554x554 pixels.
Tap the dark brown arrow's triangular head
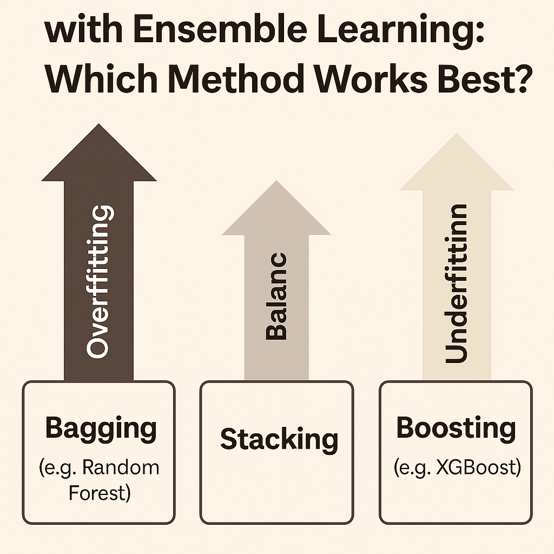pyautogui.click(x=99, y=157)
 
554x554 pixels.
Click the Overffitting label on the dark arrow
pyautogui.click(x=100, y=281)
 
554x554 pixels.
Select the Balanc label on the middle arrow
pyautogui.click(x=276, y=296)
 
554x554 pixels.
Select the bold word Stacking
pyautogui.click(x=279, y=439)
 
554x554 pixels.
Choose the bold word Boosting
pyautogui.click(x=456, y=429)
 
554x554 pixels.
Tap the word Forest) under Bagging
pyautogui.click(x=100, y=493)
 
